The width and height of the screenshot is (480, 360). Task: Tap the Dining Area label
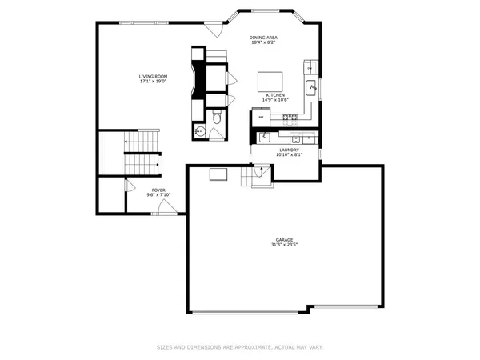264,40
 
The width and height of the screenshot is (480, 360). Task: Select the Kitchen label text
274,98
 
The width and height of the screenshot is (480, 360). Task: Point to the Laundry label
289,151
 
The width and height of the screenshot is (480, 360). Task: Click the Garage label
285,242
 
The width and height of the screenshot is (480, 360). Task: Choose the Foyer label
158,192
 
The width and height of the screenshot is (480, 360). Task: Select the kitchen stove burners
289,118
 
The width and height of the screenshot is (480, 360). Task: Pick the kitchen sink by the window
313,87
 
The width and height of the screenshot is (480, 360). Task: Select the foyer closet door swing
130,186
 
